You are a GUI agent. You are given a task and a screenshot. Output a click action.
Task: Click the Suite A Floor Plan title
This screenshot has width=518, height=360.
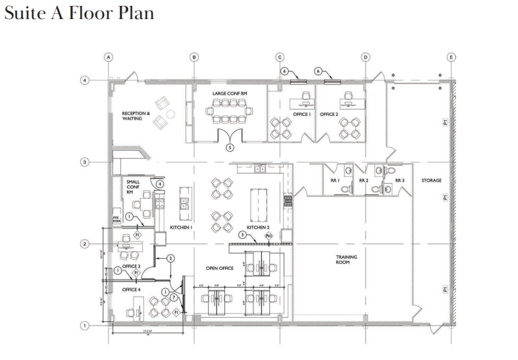pos(79,13)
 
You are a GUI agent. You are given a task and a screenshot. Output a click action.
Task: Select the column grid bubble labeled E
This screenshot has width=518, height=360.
pos(451,57)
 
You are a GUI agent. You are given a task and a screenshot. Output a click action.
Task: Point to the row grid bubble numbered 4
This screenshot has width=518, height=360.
pos(84,80)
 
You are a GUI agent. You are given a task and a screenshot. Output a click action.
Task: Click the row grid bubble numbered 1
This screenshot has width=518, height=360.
pos(84,325)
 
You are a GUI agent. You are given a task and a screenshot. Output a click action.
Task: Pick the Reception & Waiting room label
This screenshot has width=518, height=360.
pos(136,116)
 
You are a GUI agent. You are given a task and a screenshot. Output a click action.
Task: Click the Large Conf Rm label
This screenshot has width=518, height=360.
pos(230,94)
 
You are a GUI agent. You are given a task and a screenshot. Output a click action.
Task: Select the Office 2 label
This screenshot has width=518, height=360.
pos(329,115)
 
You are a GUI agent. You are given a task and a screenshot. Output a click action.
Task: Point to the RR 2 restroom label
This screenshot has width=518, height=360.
pos(363,180)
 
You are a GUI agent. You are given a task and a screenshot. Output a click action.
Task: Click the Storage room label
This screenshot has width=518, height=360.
pos(431,180)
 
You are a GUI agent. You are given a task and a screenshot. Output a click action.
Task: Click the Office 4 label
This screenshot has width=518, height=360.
pos(131,289)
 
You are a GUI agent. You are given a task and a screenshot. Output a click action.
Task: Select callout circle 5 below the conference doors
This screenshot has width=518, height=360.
pos(230,147)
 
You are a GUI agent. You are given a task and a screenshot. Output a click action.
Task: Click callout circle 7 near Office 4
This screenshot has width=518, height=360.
pos(173,297)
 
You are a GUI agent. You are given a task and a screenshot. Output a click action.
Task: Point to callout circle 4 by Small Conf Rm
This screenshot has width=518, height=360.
pos(160,184)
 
